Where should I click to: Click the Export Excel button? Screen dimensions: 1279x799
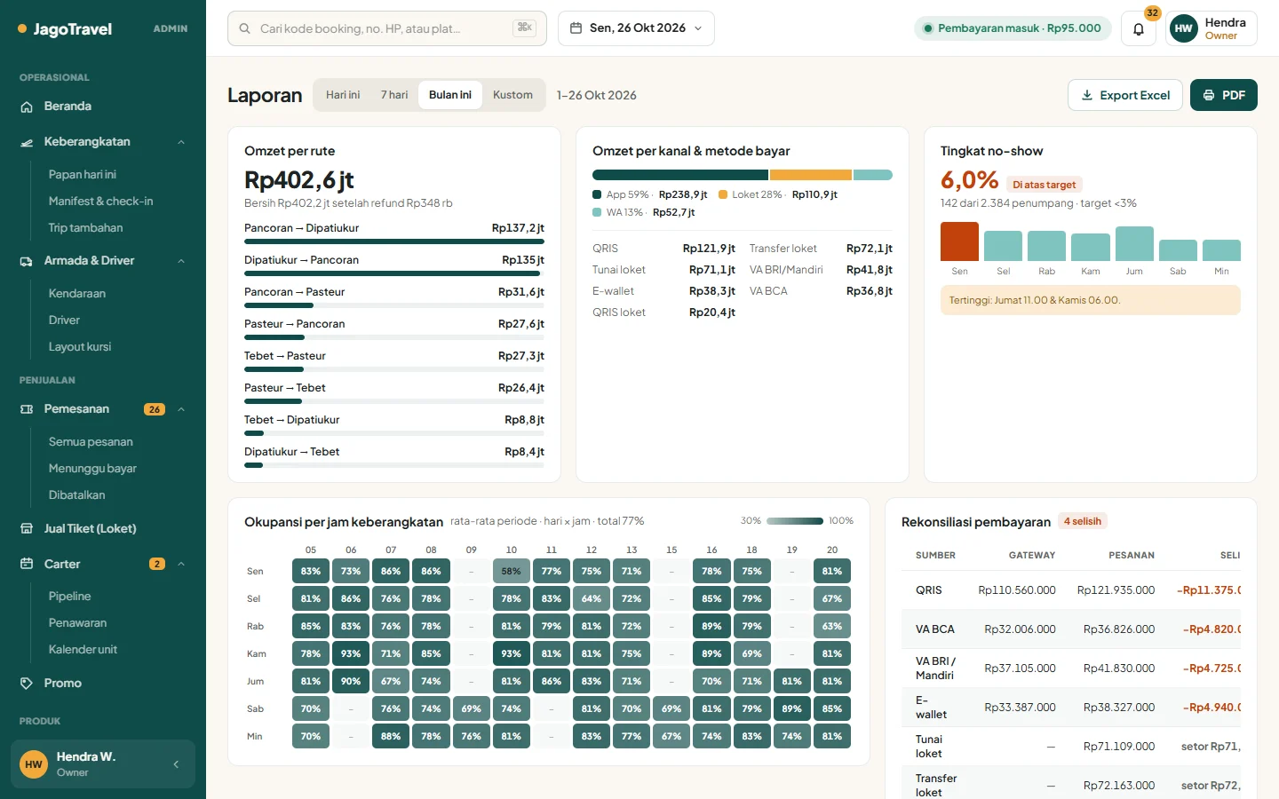tap(1124, 95)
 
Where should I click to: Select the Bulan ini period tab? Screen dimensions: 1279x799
tap(450, 95)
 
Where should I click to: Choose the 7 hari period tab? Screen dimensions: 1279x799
tap(394, 95)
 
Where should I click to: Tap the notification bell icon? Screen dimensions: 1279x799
tap(1139, 28)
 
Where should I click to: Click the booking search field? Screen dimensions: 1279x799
tap(386, 28)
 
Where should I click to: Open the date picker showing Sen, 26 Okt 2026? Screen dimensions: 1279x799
tap(636, 28)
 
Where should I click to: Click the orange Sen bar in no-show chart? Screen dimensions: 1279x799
tap(959, 241)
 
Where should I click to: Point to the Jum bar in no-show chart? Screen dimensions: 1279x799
tap(1134, 243)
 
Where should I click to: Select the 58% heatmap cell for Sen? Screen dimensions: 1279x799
tap(511, 571)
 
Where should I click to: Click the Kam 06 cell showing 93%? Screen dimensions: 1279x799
tap(351, 653)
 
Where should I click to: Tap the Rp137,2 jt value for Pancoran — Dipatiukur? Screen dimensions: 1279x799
tap(518, 227)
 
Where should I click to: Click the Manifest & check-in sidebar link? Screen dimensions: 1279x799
tap(100, 201)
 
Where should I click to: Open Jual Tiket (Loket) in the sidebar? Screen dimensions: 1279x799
tap(91, 528)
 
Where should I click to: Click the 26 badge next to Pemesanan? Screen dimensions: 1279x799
tap(155, 409)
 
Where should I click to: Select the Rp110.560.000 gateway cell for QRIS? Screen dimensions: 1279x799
tap(1016, 590)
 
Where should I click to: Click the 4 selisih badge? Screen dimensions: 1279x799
tap(1082, 521)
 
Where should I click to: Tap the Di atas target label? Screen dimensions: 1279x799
tap(1044, 185)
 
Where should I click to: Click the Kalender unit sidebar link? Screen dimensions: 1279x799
tap(83, 650)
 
